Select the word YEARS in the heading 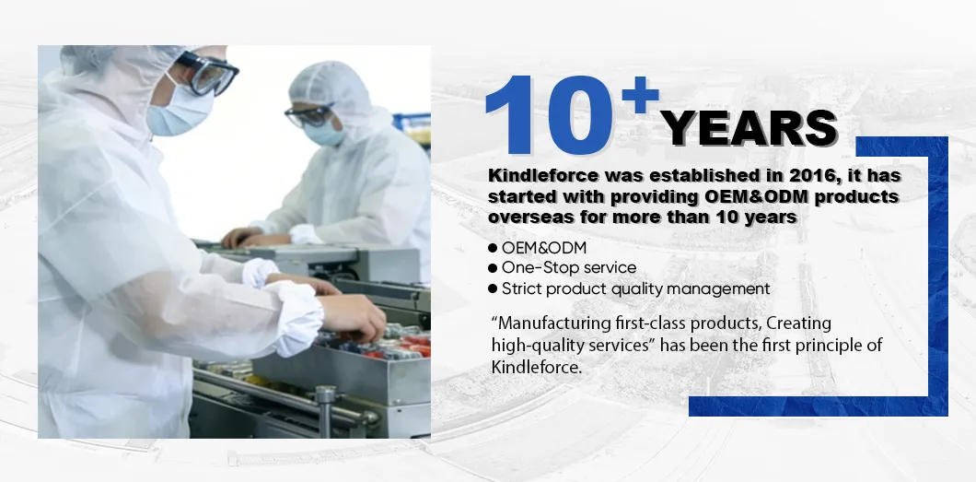pos(749,129)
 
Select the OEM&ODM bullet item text pos(544,248)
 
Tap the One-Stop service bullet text pos(568,268)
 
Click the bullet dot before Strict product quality pos(493,289)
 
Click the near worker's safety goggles pos(207,75)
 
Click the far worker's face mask pos(324,133)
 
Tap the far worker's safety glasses pos(308,114)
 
